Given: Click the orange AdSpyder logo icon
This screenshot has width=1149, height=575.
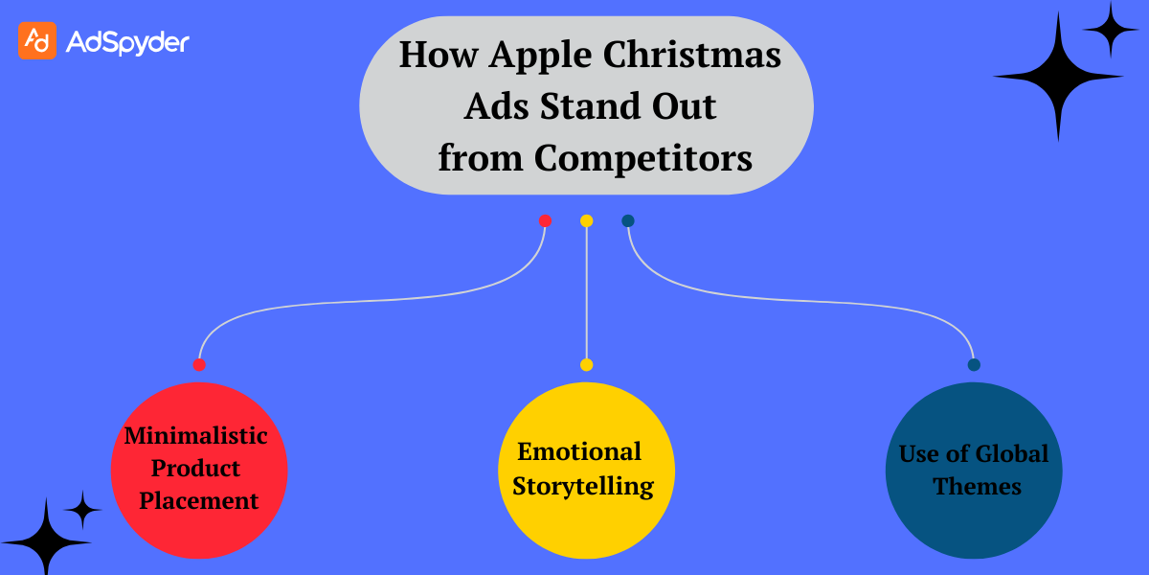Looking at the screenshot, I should (37, 40).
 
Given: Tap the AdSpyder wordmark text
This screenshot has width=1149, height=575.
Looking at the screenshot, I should (127, 41).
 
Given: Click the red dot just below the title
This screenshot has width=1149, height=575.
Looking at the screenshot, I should (545, 221).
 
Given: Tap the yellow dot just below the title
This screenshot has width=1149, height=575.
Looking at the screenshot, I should (586, 221).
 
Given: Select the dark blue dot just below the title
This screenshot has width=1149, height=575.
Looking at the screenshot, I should (628, 221).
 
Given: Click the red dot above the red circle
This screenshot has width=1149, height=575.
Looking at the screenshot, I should (199, 364).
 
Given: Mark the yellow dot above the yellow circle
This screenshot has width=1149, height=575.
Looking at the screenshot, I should (586, 364).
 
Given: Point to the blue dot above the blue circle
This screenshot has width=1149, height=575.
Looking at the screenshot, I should (974, 364).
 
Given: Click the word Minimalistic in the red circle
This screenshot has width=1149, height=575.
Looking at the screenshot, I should (196, 436).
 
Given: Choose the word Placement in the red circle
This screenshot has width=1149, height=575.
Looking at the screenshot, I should (198, 500).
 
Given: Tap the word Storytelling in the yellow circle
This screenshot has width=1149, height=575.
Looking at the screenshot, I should (583, 486).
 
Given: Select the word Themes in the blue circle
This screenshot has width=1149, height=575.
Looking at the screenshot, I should (977, 487).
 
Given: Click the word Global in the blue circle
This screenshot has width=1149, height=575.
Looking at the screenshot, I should (1009, 453).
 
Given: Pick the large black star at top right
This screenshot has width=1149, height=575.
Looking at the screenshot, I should (1058, 76).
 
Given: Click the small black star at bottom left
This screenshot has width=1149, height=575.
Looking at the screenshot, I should (83, 510).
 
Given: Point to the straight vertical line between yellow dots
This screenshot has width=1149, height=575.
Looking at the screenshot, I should (586, 292).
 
